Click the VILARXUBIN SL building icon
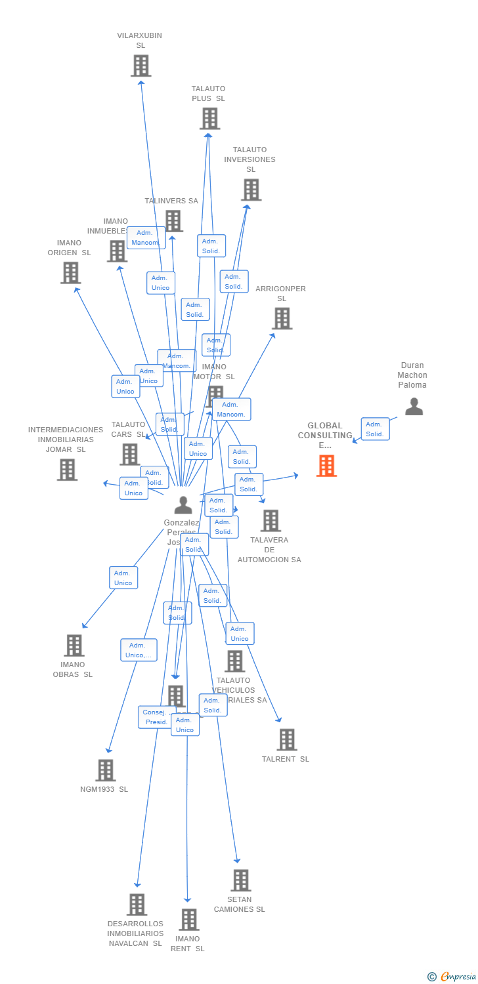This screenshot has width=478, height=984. (x=141, y=66)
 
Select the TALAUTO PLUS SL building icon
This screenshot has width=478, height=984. (x=209, y=119)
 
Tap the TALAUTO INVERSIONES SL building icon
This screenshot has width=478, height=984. (x=251, y=190)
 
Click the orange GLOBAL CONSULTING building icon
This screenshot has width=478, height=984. (x=326, y=466)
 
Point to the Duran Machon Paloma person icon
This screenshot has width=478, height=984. (x=414, y=407)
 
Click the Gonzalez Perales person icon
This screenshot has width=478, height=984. (x=183, y=504)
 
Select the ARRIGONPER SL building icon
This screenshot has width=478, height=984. (x=282, y=319)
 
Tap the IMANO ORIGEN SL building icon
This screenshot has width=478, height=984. (x=70, y=272)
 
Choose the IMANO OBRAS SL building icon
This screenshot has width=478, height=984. (x=74, y=646)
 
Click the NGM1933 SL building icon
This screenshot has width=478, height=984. (x=105, y=770)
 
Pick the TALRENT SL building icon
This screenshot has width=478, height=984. (x=286, y=739)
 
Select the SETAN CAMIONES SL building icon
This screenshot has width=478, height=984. (x=241, y=880)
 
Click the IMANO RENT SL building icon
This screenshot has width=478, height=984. (x=188, y=920)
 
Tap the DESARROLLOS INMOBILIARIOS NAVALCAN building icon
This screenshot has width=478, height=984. (x=137, y=905)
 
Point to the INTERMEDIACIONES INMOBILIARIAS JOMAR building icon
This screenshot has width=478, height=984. (x=67, y=470)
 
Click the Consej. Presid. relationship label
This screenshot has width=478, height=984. (x=156, y=717)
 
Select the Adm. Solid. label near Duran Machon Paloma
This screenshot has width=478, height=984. (x=375, y=429)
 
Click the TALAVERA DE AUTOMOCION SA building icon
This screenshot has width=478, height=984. (x=271, y=521)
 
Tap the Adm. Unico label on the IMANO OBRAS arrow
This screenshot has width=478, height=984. (x=123, y=578)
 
